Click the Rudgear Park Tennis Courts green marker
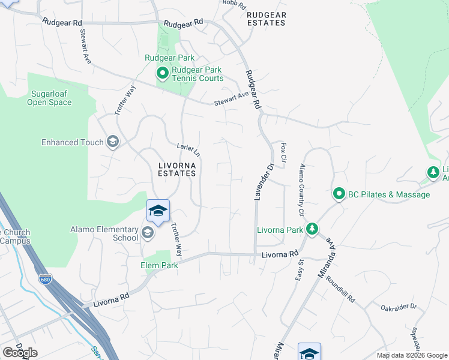pyautogui.click(x=162, y=74)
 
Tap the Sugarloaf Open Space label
pyautogui.click(x=49, y=98)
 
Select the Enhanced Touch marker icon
pyautogui.click(x=112, y=142)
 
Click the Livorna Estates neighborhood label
pyautogui.click(x=177, y=169)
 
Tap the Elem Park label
pyautogui.click(x=159, y=265)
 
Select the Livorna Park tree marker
pyautogui.click(x=312, y=229)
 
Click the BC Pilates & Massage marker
pyautogui.click(x=339, y=194)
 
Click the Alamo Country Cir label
pyautogui.click(x=301, y=190)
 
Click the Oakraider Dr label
pyautogui.click(x=399, y=307)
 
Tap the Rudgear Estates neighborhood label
pyautogui.click(x=267, y=19)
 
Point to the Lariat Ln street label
pyautogui.click(x=188, y=150)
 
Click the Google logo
pyautogui.click(x=20, y=352)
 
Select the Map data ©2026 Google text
pyautogui.click(x=412, y=355)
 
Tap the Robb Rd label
pyautogui.click(x=234, y=4)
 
